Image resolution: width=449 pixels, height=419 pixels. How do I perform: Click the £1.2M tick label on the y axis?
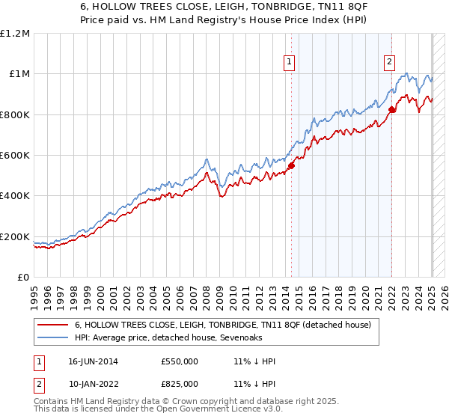point(15,33)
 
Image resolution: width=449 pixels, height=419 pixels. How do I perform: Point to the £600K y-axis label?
point(15,156)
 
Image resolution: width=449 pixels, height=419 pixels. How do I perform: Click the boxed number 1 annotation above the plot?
point(290,63)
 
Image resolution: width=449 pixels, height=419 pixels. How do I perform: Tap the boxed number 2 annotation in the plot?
point(390,63)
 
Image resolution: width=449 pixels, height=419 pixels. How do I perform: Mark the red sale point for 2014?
point(292,165)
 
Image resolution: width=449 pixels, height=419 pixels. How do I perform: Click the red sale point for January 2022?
point(391,109)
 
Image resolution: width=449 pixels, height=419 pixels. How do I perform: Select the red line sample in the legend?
point(54,325)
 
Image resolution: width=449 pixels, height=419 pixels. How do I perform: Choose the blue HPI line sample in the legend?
point(54,338)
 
